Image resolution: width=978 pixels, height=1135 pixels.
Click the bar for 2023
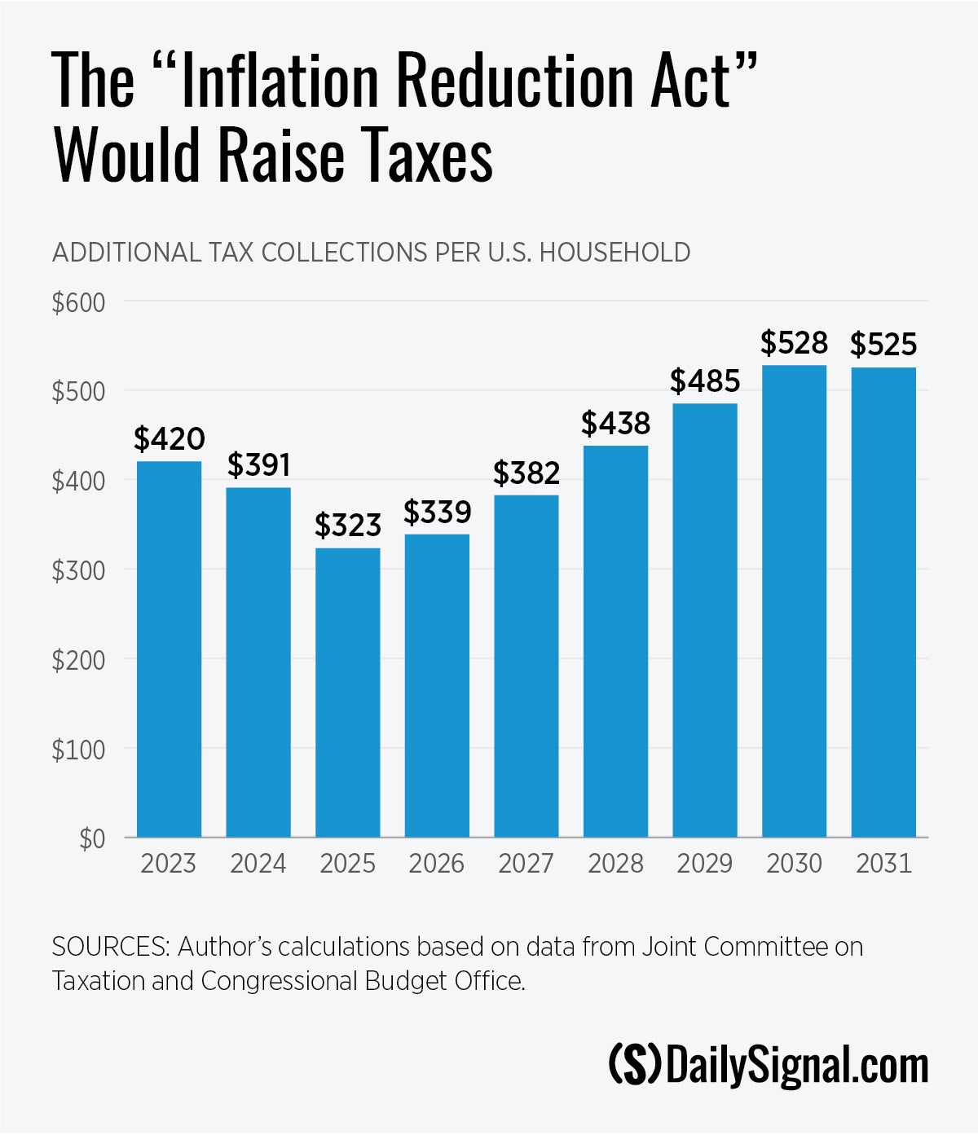pos(169,649)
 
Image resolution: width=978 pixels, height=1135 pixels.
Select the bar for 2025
pos(347,693)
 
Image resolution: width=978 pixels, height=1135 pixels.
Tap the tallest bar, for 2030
pos(794,600)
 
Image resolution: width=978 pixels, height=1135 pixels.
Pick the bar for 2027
pos(526,666)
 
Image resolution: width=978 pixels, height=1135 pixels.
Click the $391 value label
pos(258,464)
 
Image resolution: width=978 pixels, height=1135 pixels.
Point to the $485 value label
pos(705,381)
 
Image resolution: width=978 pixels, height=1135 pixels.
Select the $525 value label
pos(883,345)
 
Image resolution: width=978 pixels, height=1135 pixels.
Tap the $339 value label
pos(437,512)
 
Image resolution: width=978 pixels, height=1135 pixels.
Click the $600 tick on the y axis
pos(79,302)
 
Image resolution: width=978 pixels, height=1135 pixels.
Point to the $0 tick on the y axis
pos(92,838)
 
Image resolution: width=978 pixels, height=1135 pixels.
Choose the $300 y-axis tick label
pos(79,570)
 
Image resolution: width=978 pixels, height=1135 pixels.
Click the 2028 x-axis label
pos(615,864)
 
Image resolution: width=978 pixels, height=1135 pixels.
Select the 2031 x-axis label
pos(883,864)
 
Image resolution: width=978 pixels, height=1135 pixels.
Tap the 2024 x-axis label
pos(258,864)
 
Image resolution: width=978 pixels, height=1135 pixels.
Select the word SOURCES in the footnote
pos(111,947)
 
